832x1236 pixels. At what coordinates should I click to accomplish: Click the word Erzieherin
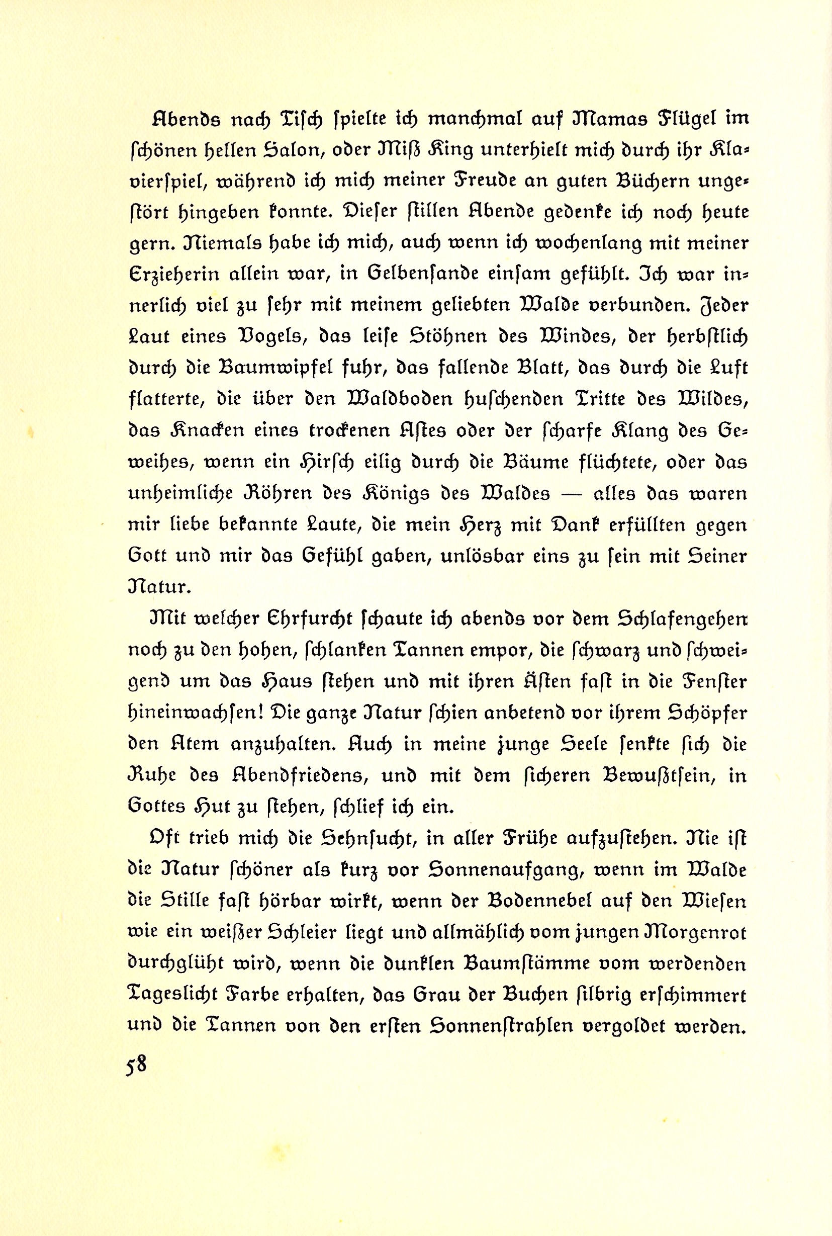pyautogui.click(x=174, y=275)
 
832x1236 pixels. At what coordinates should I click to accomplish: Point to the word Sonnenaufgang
pyautogui.click(x=505, y=869)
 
